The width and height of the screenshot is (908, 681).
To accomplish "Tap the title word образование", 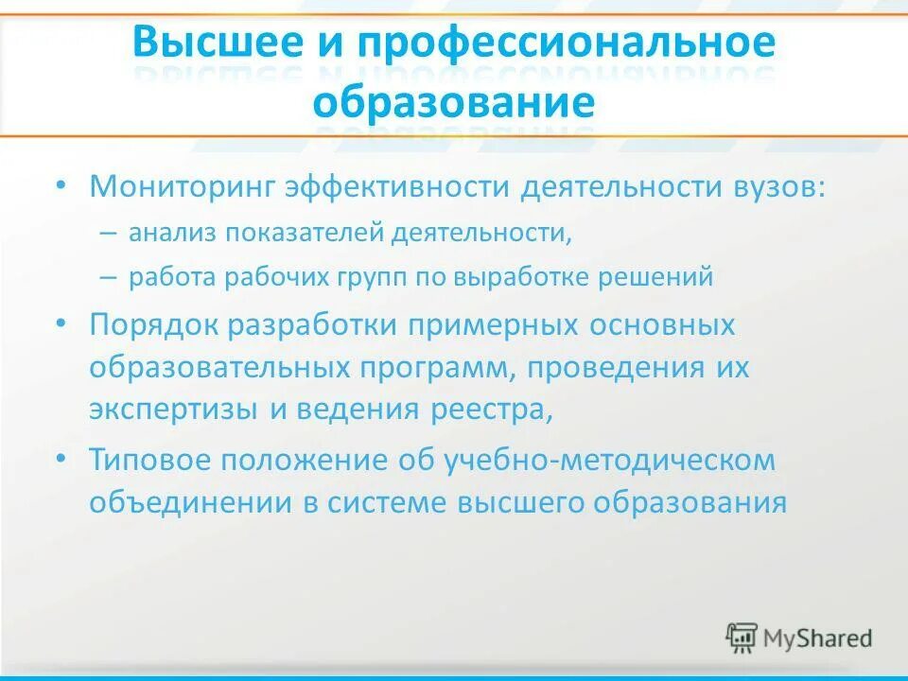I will tap(454, 101).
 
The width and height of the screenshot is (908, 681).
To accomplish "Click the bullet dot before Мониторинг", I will tap(61, 183).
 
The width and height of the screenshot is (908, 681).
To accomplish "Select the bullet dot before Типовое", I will tap(61, 458).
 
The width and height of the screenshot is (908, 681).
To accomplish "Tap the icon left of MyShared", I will tap(742, 637).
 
